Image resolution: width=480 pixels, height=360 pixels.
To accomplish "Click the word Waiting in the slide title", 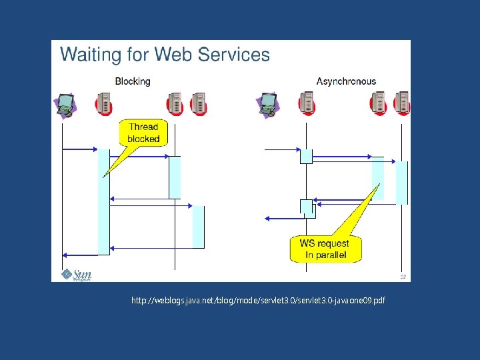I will pyautogui.click(x=89, y=54).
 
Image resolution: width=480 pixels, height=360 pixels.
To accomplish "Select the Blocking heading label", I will pyautogui.click(x=133, y=81).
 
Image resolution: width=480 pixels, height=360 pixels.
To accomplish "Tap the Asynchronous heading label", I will pyautogui.click(x=346, y=81).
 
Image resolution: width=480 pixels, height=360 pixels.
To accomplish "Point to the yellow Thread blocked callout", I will pyautogui.click(x=143, y=133).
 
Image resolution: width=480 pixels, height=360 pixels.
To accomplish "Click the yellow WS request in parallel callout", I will pyautogui.click(x=325, y=249).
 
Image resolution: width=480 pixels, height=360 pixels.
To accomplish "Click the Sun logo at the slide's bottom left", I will pyautogui.click(x=76, y=274).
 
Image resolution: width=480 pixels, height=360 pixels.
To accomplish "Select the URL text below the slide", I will pyautogui.click(x=258, y=301).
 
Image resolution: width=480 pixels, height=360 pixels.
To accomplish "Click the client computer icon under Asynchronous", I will pyautogui.click(x=268, y=104).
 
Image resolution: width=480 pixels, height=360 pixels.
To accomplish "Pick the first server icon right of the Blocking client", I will pyautogui.click(x=105, y=104).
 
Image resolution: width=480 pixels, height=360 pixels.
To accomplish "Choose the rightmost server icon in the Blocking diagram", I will pyautogui.click(x=199, y=104).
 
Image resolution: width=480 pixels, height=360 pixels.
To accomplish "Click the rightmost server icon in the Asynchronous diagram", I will pyautogui.click(x=402, y=104).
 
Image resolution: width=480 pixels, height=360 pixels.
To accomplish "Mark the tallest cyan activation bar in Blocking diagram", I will pyautogui.click(x=103, y=201).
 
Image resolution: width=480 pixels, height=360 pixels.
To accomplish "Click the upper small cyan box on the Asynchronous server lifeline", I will pyautogui.click(x=306, y=156).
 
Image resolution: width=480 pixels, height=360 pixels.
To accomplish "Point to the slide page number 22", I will pyautogui.click(x=403, y=276).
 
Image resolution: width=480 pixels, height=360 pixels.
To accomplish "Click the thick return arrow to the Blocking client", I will pyautogui.click(x=80, y=255).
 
